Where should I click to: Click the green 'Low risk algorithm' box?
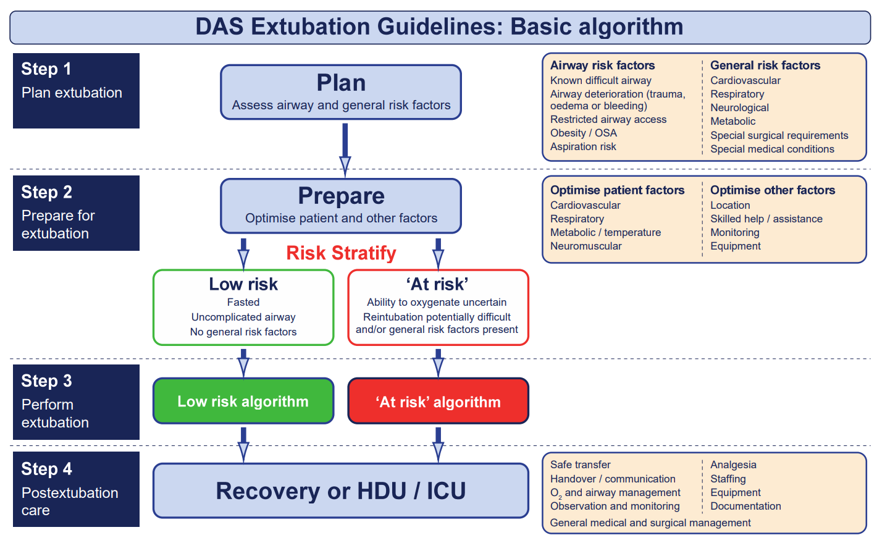243,401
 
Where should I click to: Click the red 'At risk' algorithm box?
438,402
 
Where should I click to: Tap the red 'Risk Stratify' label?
341,253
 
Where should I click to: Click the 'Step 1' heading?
46,69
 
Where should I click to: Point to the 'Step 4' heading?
46,469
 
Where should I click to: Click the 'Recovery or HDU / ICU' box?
340,491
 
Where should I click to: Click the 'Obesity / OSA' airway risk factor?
583,133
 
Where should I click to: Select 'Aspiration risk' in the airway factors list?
583,146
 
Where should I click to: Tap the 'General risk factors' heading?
765,65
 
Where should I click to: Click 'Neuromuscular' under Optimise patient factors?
585,246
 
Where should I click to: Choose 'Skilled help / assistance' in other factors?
766,219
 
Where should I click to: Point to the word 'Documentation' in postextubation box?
745,506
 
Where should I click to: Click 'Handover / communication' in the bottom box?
612,479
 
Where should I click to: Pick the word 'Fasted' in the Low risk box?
243,302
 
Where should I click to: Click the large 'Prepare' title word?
341,196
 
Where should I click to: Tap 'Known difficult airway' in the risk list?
600,80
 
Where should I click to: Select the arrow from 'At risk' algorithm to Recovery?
438,443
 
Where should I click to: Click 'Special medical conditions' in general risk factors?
771,149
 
